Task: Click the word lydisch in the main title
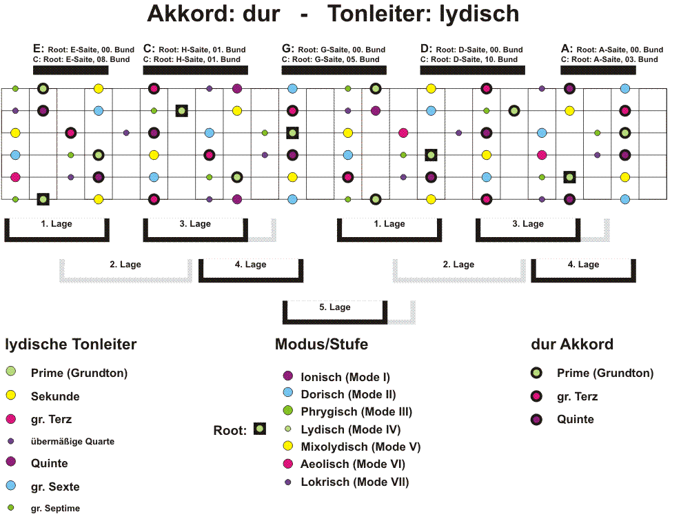tap(479, 14)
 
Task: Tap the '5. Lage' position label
tap(335, 307)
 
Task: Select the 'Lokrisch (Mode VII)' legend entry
tap(355, 482)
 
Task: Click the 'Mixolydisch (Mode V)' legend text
tap(361, 447)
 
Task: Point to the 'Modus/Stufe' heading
tap(321, 345)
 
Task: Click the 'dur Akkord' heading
tap(572, 345)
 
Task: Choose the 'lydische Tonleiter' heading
tap(71, 345)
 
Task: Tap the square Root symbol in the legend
tap(260, 429)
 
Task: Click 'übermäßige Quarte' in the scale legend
tap(72, 442)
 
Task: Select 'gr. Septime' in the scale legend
tap(55, 509)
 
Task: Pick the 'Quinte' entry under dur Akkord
tap(576, 420)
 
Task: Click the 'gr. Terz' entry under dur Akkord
tap(577, 396)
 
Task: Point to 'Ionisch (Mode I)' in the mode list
tap(345, 377)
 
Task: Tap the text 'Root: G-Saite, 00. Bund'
tap(341, 50)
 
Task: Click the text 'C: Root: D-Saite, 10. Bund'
tap(469, 59)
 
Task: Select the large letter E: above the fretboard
tap(38, 48)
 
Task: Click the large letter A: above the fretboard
tap(567, 48)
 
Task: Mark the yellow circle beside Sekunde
tap(11, 395)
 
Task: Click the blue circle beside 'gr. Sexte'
tap(11, 485)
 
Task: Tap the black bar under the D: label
tap(473, 70)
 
